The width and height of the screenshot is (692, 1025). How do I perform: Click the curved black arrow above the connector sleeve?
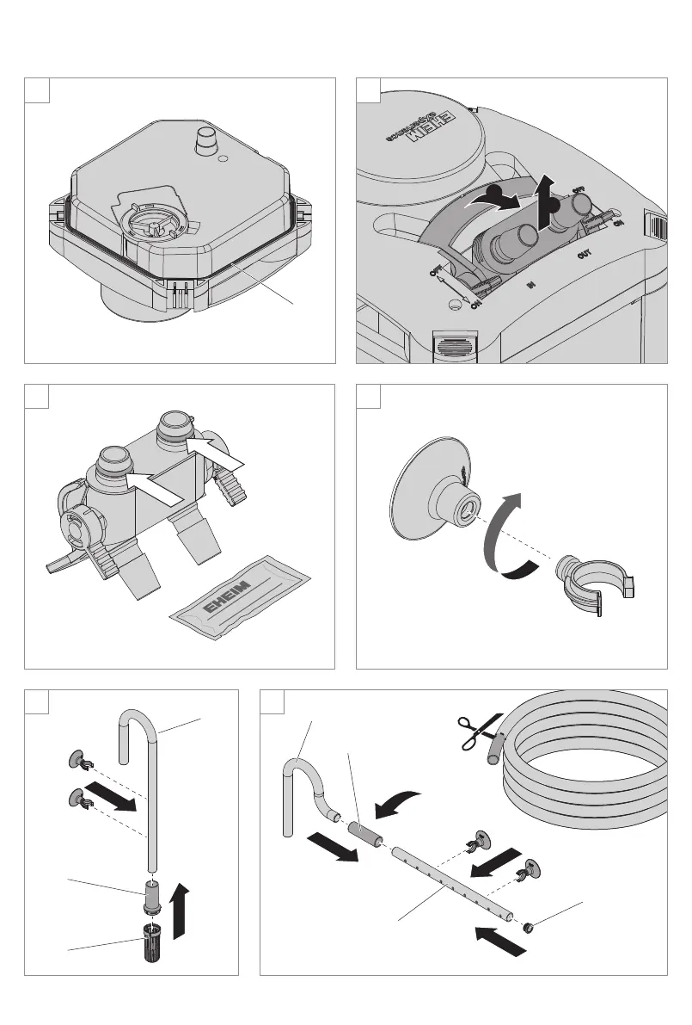[x=397, y=803]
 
